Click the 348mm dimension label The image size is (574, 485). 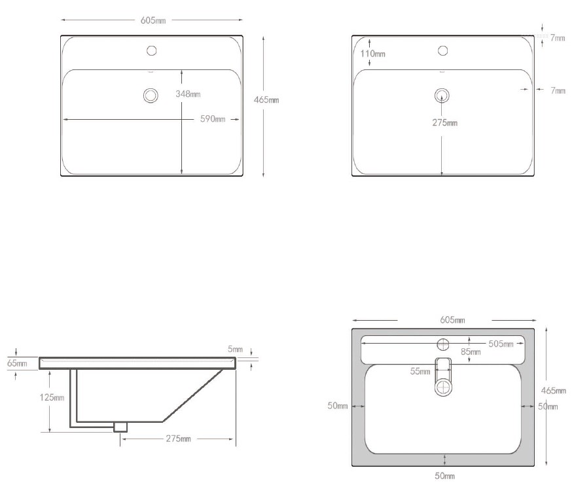[188, 94]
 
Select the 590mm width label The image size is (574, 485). [213, 119]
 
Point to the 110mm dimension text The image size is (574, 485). [372, 54]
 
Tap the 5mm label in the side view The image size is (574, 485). [235, 350]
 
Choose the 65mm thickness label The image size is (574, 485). [17, 363]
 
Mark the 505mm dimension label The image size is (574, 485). [500, 344]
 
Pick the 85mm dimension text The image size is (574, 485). [471, 352]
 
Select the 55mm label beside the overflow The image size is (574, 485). [420, 372]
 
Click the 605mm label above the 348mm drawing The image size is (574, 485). [153, 20]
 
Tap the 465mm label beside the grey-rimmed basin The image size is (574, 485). [553, 391]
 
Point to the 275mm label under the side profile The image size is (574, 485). [177, 439]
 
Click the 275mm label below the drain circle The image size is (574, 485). [444, 122]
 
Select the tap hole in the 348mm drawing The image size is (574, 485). [152, 50]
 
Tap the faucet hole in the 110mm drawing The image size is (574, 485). [442, 50]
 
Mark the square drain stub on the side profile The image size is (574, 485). [120, 426]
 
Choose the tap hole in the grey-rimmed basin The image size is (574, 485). [443, 344]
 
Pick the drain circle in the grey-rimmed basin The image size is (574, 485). [444, 386]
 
